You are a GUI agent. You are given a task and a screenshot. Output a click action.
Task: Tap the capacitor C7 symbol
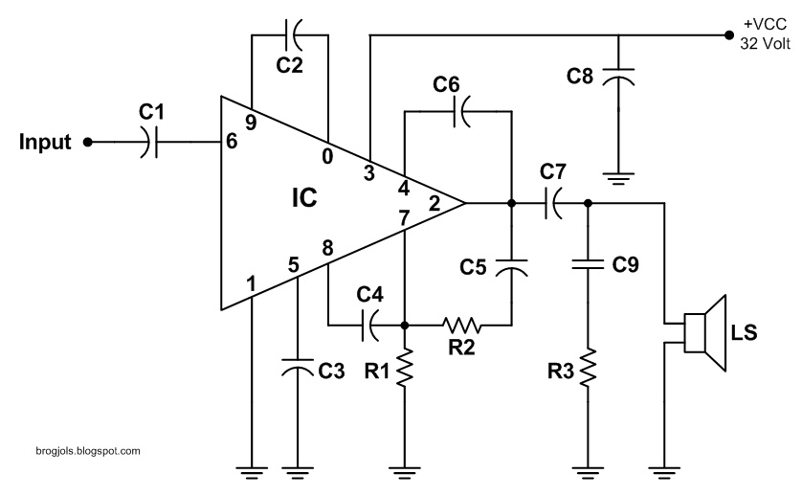tap(552, 203)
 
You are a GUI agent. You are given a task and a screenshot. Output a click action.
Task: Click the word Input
tap(45, 143)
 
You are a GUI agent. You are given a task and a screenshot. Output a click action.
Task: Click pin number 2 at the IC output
tap(434, 203)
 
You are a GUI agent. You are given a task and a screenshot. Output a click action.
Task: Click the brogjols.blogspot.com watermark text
tap(77, 449)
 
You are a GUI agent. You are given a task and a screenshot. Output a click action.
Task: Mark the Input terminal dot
tap(88, 143)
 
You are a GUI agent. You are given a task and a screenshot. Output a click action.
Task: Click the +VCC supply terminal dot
tap(726, 36)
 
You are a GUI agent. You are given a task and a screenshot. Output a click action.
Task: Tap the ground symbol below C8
tap(618, 178)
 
